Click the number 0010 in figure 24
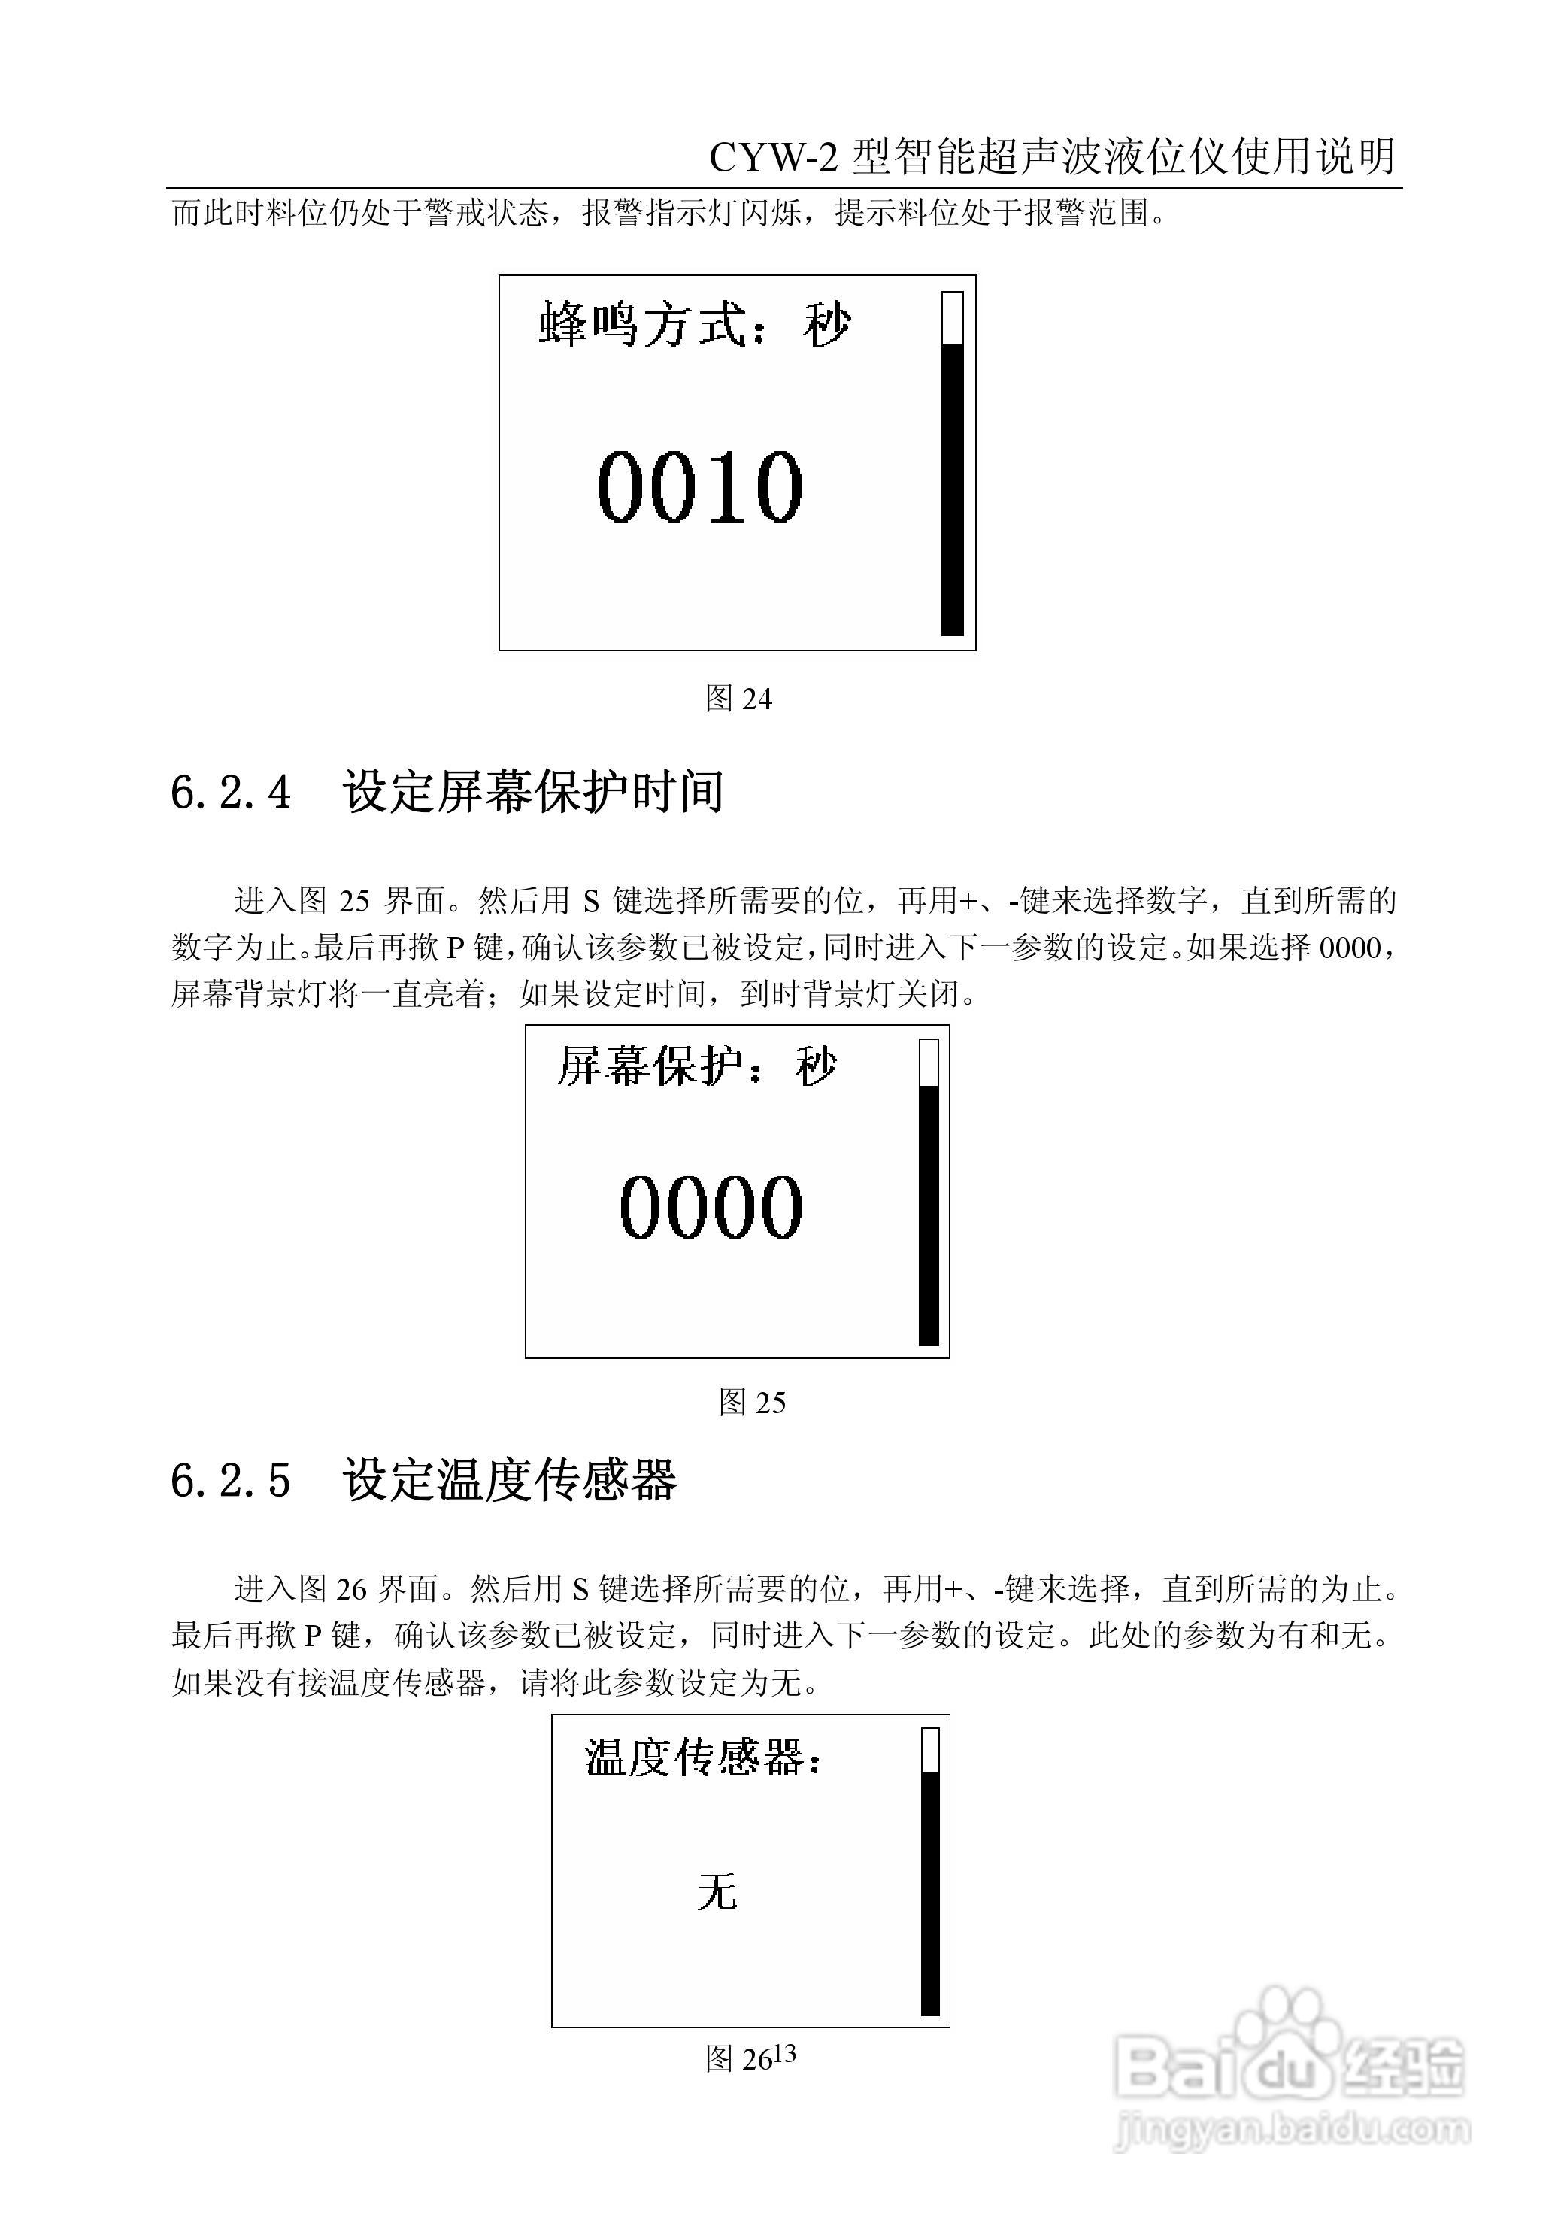click(x=700, y=487)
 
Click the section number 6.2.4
click(x=231, y=793)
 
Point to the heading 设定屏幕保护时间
click(x=533, y=793)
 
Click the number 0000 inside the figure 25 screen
click(x=711, y=1207)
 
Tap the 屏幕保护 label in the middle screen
click(x=649, y=1068)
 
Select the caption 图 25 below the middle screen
click(x=752, y=1402)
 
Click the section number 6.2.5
click(x=231, y=1480)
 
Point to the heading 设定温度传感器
click(x=510, y=1480)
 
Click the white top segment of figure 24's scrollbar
click(x=952, y=317)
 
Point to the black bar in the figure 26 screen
click(x=930, y=1893)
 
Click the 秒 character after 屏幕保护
click(x=815, y=1068)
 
